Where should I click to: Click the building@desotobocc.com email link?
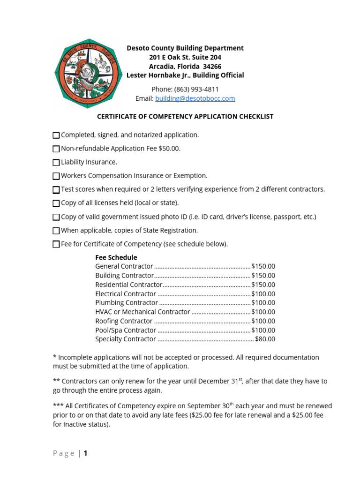click(x=195, y=98)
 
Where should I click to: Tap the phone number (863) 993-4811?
click(x=196, y=89)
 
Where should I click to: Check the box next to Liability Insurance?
click(x=56, y=163)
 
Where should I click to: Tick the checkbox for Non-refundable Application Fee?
click(x=56, y=149)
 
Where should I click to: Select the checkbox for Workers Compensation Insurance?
click(x=56, y=176)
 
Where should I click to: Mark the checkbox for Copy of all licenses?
click(x=56, y=203)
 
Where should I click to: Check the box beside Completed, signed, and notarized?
click(x=56, y=135)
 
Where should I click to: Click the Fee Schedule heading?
click(x=116, y=257)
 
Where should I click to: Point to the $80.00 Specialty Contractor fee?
click(x=265, y=339)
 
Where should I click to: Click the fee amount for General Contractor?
click(x=263, y=266)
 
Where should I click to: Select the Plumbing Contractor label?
click(x=127, y=303)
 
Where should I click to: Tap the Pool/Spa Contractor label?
click(x=126, y=330)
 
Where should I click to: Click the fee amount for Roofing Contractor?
click(x=263, y=321)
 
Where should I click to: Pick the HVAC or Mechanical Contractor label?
click(x=142, y=312)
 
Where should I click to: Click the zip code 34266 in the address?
click(x=212, y=66)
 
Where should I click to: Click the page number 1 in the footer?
click(x=86, y=453)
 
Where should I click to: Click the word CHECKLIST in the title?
click(x=254, y=116)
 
